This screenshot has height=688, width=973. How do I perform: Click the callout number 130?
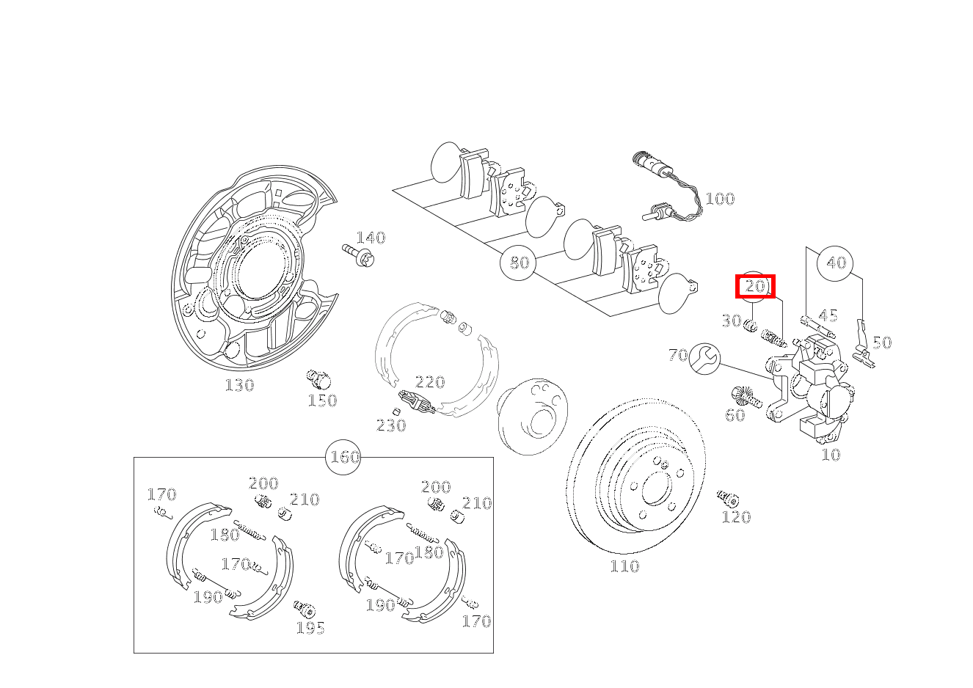coord(239,386)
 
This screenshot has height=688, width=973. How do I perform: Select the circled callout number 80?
coord(518,263)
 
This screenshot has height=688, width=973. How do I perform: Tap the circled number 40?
coord(835,263)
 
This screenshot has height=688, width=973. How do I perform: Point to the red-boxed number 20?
coord(755,287)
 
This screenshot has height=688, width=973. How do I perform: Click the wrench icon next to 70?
coord(704,359)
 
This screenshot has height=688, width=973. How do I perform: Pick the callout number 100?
coord(720,200)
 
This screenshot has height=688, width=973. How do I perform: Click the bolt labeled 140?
coord(359,256)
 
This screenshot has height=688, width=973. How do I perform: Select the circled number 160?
coord(343,457)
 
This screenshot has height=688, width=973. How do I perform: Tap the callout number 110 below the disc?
coord(624,566)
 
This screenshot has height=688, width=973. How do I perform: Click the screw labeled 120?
coord(728,499)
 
